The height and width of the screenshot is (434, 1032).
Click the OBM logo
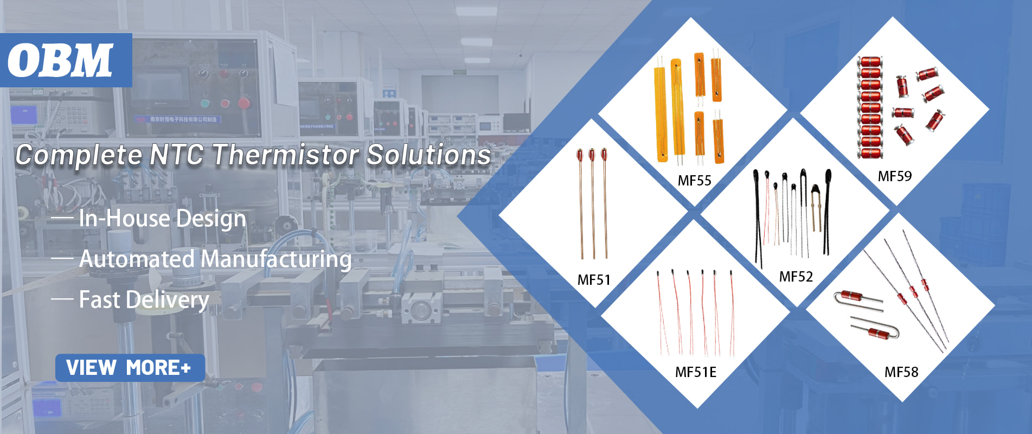click(x=61, y=60)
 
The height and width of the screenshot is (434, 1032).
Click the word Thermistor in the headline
click(x=285, y=155)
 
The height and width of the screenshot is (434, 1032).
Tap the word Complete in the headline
click(x=79, y=156)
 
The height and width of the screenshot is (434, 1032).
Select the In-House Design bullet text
click(x=162, y=218)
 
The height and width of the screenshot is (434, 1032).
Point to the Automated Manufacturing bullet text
click(x=215, y=259)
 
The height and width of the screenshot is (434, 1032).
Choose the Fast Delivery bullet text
click(x=144, y=299)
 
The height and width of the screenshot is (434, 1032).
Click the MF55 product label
click(x=694, y=181)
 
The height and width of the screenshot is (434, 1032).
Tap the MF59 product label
click(x=895, y=176)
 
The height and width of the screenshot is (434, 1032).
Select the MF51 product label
click(x=594, y=280)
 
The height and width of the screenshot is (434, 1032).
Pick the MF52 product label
click(x=796, y=277)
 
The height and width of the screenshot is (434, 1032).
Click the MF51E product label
click(x=696, y=372)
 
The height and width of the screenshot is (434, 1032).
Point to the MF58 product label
click(x=901, y=372)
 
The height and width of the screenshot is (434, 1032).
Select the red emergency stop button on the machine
click(x=243, y=103)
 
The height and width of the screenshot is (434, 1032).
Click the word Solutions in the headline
click(x=428, y=155)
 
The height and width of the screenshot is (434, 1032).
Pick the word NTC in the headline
click(x=176, y=155)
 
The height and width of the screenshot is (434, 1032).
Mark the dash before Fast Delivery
click(x=62, y=299)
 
